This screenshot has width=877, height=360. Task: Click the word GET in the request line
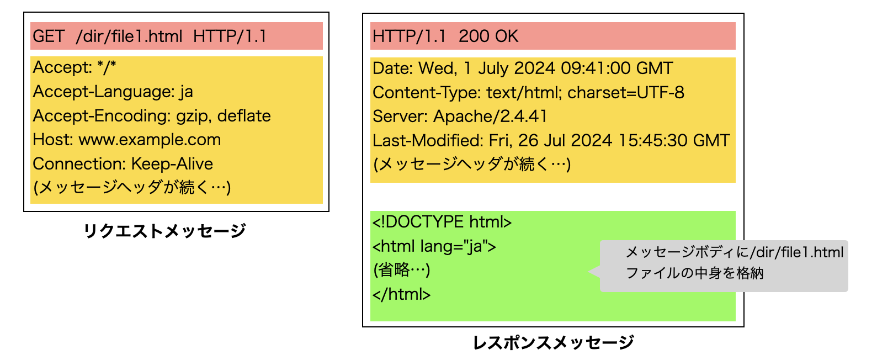point(49,36)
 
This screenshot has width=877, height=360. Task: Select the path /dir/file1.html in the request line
point(129,36)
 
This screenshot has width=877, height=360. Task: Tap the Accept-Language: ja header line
point(113,92)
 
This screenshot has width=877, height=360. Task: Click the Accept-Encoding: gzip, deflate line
point(152,116)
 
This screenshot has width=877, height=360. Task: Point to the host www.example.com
point(150,140)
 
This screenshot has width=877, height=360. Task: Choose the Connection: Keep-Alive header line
point(123,164)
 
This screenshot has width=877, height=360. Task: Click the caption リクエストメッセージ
point(164,231)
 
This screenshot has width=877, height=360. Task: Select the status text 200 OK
point(488,36)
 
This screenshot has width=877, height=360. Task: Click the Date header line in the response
point(522,68)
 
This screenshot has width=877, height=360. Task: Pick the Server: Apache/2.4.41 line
point(460,117)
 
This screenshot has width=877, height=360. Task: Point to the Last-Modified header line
point(551,141)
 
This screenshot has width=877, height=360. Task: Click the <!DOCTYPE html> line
point(442,222)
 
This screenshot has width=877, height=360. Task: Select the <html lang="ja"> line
point(434,246)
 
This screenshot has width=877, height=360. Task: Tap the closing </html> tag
point(401,294)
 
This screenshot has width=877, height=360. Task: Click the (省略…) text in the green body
point(401,270)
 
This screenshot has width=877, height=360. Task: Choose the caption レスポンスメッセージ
point(553,343)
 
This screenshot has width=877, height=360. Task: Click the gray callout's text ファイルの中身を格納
point(694,273)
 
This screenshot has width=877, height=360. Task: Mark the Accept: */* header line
point(75,67)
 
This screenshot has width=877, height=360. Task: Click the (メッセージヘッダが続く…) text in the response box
point(472,165)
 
